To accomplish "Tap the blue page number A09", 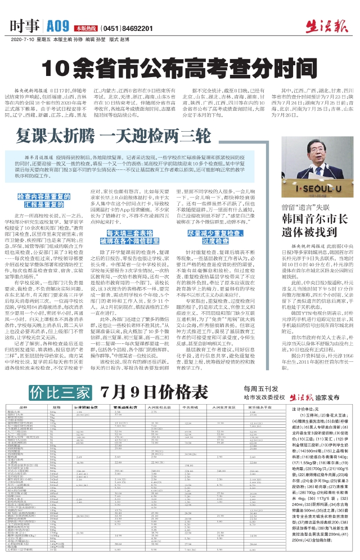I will click(x=58, y=25).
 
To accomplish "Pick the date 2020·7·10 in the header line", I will click(x=21, y=40).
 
